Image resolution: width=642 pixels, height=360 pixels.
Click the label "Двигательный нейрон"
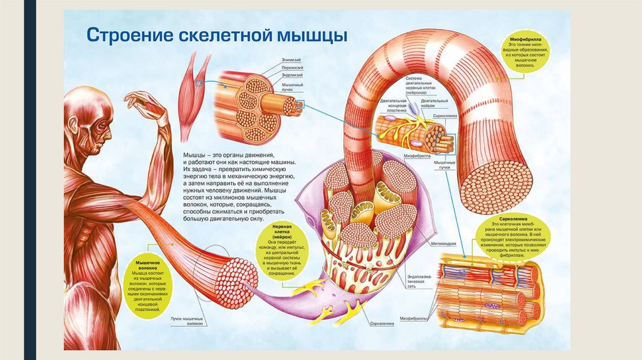click(434, 103)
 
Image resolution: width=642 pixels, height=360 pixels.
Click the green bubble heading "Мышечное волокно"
click(148, 265)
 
